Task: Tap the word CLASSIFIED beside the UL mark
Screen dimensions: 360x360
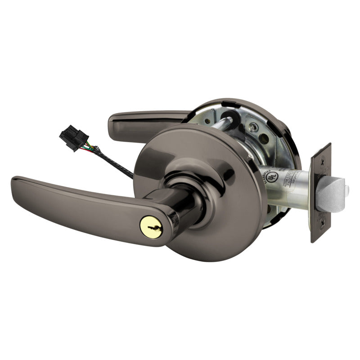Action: point(261,178)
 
